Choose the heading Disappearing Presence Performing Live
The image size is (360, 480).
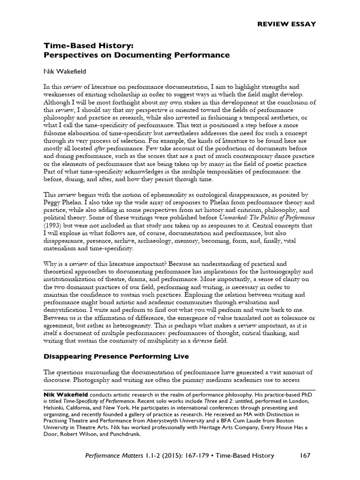[x=116, y=356]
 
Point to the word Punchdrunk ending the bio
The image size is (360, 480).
[x=137, y=434]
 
